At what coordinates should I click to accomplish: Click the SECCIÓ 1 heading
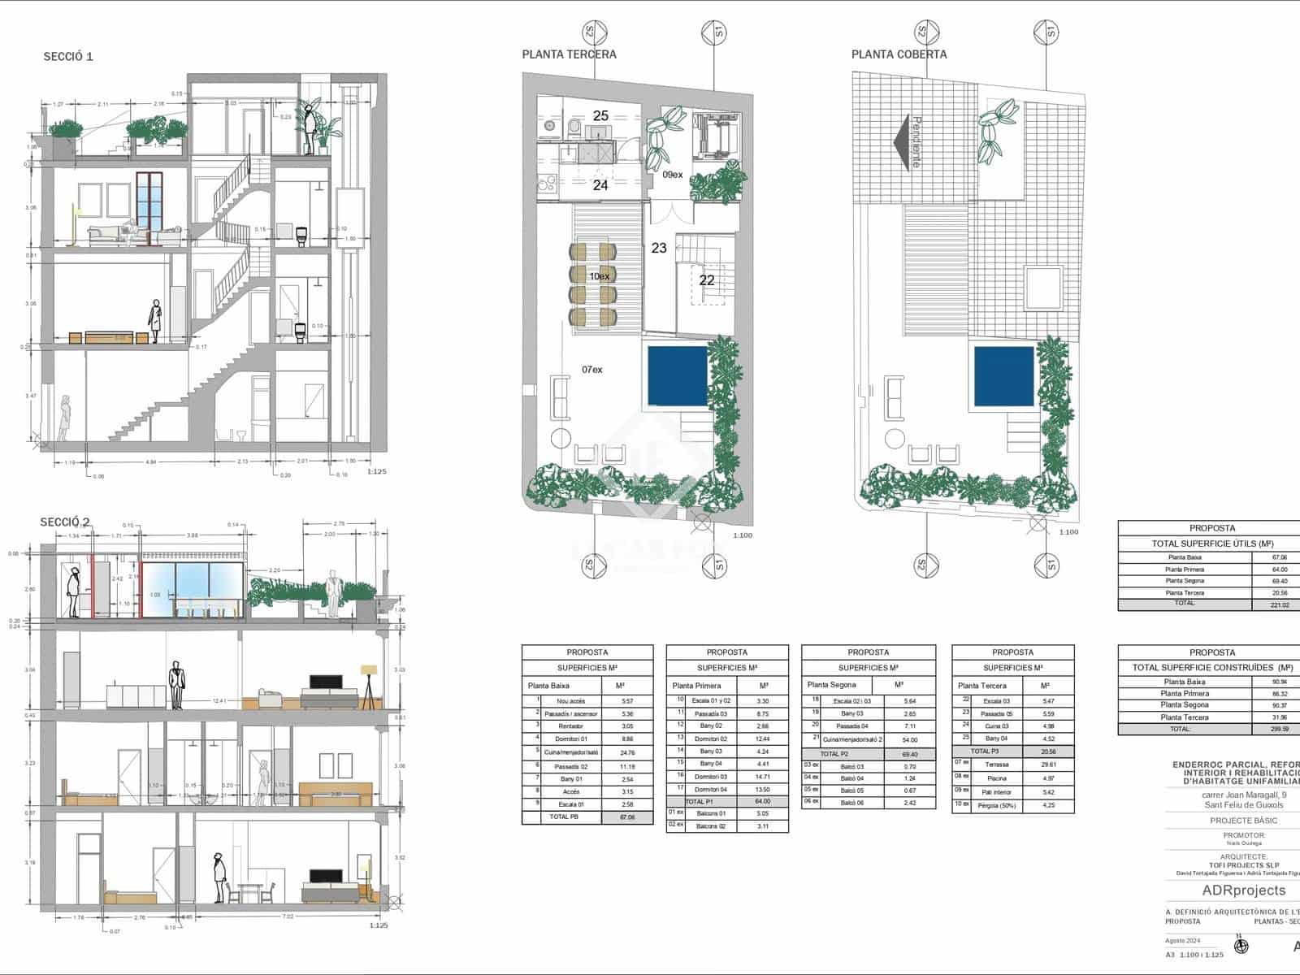click(x=68, y=56)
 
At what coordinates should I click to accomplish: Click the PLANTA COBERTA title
click(x=899, y=54)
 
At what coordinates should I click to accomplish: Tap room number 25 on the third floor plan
click(x=600, y=116)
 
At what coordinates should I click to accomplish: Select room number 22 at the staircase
click(x=707, y=280)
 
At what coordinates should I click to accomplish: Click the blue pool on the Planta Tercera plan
click(x=678, y=376)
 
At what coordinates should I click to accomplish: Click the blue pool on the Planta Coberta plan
click(x=1003, y=376)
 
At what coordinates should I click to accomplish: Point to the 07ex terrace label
click(x=592, y=370)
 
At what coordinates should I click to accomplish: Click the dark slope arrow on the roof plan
click(x=900, y=142)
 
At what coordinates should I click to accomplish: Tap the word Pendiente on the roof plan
click(x=916, y=142)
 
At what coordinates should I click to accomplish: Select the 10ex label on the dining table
click(x=599, y=276)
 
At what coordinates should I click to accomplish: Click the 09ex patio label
click(x=672, y=175)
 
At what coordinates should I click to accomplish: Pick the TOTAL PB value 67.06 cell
click(x=626, y=817)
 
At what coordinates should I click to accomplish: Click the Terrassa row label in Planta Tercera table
click(x=996, y=765)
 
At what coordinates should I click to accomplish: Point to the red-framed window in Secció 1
click(x=149, y=207)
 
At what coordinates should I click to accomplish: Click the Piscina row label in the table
click(x=996, y=778)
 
